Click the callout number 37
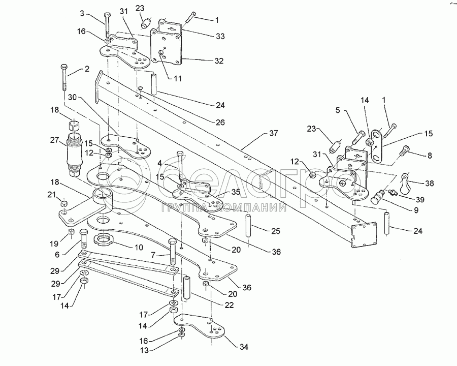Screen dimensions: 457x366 pyautogui.click(x=273, y=133)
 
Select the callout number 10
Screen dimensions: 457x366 pyautogui.click(x=139, y=248)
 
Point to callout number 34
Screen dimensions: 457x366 pyautogui.click(x=244, y=347)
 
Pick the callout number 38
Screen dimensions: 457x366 pyautogui.click(x=429, y=183)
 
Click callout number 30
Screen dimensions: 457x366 pyautogui.click(x=72, y=97)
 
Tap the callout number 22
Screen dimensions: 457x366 pyautogui.click(x=229, y=306)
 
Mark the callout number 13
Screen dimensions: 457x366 pyautogui.click(x=145, y=350)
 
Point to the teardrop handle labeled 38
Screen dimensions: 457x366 pyautogui.click(x=405, y=183)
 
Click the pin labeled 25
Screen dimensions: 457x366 pyautogui.click(x=248, y=225)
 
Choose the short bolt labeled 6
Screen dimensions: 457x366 pyautogui.click(x=83, y=238)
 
